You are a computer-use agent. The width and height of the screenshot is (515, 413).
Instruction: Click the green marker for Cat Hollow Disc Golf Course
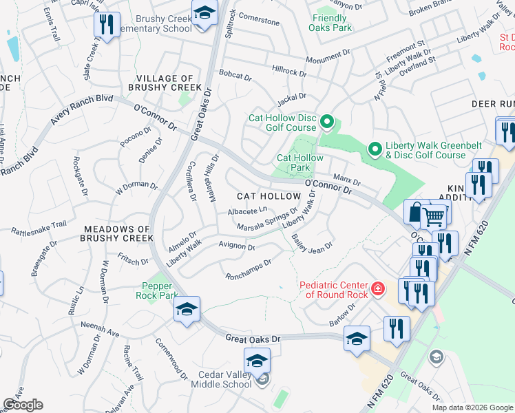[327, 123]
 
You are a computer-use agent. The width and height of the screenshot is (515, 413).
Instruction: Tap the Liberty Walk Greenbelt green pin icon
[375, 149]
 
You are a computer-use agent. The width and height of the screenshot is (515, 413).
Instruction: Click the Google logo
[23, 405]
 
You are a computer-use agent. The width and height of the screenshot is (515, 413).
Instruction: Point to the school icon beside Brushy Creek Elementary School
[204, 16]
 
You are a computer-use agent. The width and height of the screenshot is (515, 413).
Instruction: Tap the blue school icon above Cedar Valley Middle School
[256, 360]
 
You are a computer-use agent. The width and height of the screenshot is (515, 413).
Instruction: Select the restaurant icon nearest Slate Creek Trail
[106, 25]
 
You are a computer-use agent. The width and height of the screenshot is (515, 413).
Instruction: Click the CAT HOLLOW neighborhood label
[269, 197]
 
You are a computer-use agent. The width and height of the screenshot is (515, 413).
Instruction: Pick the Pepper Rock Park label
[160, 290]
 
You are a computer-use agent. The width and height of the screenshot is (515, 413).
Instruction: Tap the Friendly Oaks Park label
[332, 23]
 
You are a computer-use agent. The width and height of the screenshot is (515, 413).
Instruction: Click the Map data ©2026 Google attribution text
[472, 407]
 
